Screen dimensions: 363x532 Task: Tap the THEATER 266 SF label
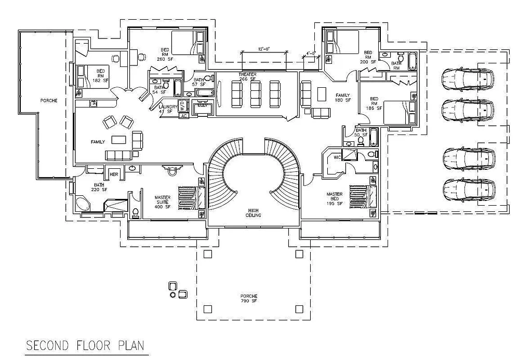coord(247,76)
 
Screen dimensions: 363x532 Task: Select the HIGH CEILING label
coord(254,212)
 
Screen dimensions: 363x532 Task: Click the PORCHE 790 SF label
coord(249,299)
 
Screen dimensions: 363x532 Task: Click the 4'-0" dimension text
coord(311,53)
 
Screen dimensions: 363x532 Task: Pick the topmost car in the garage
coord(467,79)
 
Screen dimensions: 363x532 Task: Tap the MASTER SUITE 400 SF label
coord(162,202)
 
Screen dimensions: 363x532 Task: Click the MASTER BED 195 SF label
coord(334,199)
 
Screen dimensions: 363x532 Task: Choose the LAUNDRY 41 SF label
coord(168,109)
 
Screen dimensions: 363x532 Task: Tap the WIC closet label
coord(337,156)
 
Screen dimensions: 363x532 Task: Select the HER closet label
coord(114,174)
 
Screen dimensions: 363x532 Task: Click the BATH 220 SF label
coord(99,187)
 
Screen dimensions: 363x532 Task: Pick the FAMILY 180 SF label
coord(343,98)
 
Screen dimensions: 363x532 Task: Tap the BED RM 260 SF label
coord(164,54)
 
